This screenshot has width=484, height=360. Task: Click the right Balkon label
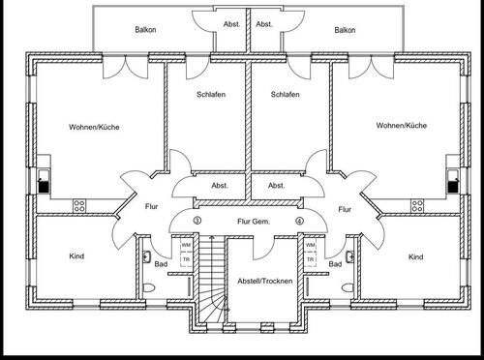point(346,30)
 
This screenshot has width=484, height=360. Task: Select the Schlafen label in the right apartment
point(285,94)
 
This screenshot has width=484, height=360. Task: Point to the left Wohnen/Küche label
point(94,127)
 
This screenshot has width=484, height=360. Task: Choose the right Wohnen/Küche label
point(401,127)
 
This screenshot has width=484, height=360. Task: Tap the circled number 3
point(197,221)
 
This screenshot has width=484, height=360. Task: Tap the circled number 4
point(300,221)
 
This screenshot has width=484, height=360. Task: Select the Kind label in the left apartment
point(76,256)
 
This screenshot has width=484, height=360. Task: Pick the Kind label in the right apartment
point(415,256)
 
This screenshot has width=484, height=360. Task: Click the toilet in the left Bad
point(146,287)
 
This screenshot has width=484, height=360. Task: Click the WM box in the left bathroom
point(186,247)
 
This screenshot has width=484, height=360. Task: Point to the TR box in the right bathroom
point(310,260)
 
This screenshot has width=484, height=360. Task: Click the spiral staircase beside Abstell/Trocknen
point(212,285)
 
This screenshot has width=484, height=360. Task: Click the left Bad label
point(161,263)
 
